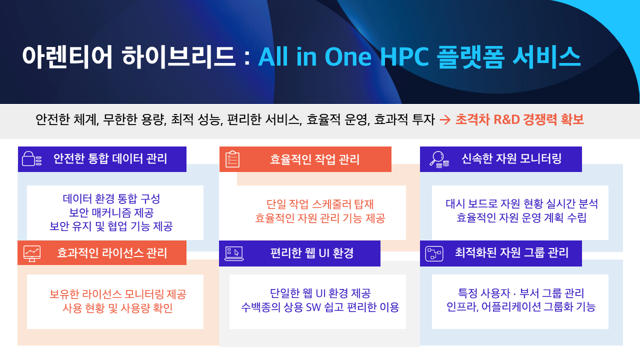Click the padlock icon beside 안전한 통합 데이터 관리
tap(31, 159)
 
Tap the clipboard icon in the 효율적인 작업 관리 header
tap(232, 159)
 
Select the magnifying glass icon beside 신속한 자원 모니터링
tap(439, 159)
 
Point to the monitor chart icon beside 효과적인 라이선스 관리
tap(32, 253)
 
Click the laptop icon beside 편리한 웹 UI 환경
tap(234, 253)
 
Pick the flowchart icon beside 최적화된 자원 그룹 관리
tap(434, 253)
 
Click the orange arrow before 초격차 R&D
tap(445, 119)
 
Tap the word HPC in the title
tap(404, 56)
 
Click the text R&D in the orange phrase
tap(506, 119)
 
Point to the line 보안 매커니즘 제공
tap(111, 212)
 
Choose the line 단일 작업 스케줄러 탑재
tap(320, 204)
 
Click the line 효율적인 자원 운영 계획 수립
tap(521, 217)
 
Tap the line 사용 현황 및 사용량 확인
tap(117, 308)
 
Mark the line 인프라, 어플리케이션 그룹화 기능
tap(521, 307)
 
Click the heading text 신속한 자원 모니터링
tap(511, 158)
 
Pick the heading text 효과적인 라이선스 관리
tap(112, 253)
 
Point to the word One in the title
tap(348, 56)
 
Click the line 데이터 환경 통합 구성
tap(111, 198)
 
